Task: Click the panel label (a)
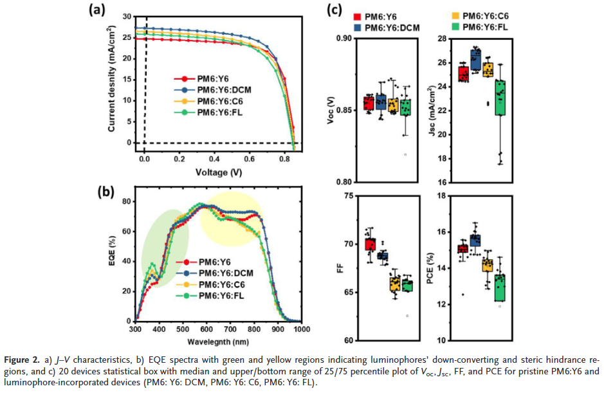coord(97,9)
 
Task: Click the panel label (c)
coord(336,10)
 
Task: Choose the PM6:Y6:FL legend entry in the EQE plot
coord(223,296)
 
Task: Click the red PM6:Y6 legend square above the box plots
coord(358,16)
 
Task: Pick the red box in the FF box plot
coord(370,244)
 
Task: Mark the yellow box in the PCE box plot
coord(488,265)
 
